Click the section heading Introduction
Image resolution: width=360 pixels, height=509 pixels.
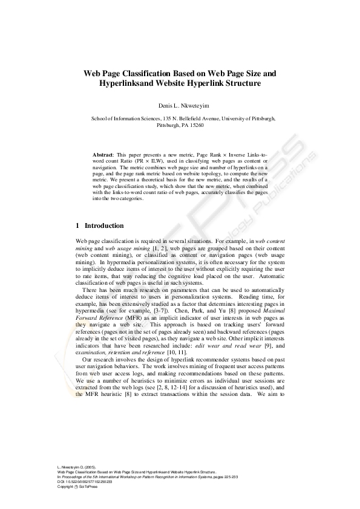(x=104, y=225)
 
